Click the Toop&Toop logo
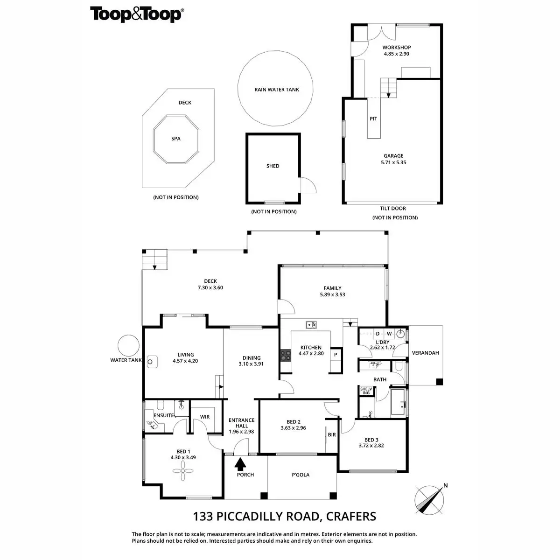[x=136, y=14]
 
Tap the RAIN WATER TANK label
[x=277, y=90]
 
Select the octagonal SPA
[x=176, y=139]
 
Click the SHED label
[x=273, y=166]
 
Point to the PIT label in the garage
[x=373, y=119]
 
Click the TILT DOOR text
[x=393, y=209]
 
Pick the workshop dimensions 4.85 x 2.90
[x=397, y=54]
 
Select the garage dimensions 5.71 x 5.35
[x=393, y=163]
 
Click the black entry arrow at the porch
[x=240, y=464]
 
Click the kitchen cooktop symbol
[x=285, y=356]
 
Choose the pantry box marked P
[x=336, y=355]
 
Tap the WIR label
[x=205, y=417]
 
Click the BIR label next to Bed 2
[x=332, y=435]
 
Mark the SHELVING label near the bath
[x=366, y=391]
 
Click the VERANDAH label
[x=425, y=353]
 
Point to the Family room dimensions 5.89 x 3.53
[x=333, y=295]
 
